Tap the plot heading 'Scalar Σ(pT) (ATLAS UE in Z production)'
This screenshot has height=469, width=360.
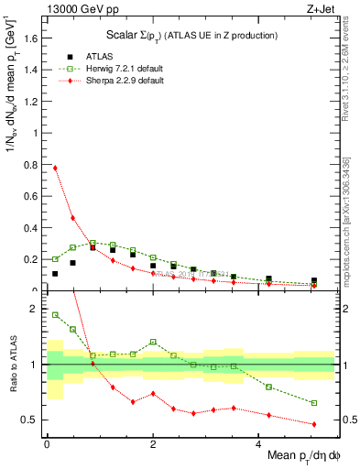190,35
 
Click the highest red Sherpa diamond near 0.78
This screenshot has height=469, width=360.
55,168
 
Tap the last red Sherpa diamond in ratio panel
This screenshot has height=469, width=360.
314,424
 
